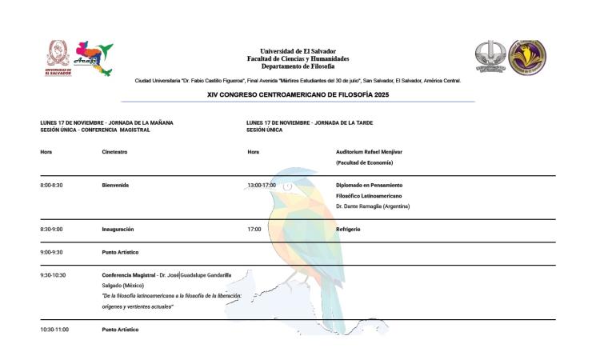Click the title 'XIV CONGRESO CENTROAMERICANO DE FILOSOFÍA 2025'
click(298, 94)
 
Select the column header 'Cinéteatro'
click(115, 150)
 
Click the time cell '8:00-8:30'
click(51, 185)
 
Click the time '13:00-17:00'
click(262, 185)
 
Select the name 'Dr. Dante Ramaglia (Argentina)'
click(373, 206)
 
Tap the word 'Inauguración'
click(118, 229)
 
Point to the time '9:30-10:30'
click(53, 274)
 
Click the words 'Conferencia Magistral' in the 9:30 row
click(128, 274)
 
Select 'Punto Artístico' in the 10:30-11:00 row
click(120, 330)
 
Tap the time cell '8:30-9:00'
click(51, 229)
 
